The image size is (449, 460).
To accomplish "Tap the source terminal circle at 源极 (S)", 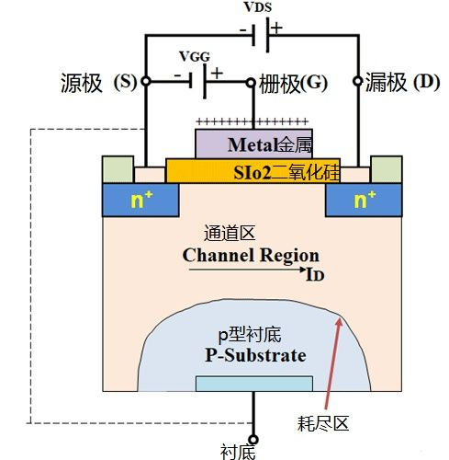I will [145, 83].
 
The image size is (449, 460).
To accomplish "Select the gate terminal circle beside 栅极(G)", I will [250, 83].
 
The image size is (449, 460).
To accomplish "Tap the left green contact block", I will [117, 170].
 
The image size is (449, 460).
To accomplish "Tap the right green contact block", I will [385, 170].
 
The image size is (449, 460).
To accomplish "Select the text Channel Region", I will [251, 255].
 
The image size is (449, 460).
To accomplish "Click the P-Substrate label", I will [255, 355].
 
